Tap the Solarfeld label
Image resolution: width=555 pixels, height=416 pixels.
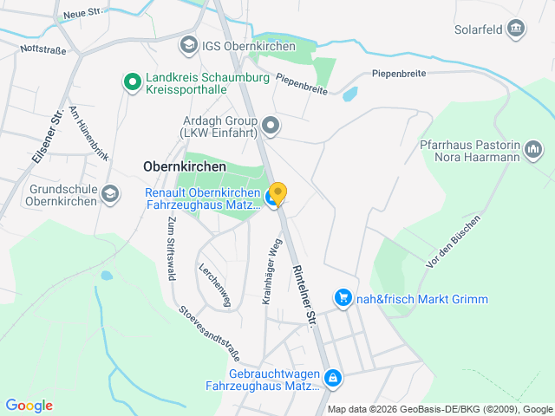pyautogui.click(x=478, y=29)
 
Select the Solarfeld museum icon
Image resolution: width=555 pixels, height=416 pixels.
pyautogui.click(x=517, y=29)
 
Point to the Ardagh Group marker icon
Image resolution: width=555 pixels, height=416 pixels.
pyautogui.click(x=271, y=127)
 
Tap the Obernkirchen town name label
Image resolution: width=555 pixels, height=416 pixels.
pyautogui.click(x=184, y=166)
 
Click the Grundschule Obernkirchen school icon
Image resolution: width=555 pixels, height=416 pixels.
pyautogui.click(x=110, y=194)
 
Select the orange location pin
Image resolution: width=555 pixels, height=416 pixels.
pyautogui.click(x=277, y=192)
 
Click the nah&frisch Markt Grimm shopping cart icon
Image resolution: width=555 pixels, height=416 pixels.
pyautogui.click(x=343, y=299)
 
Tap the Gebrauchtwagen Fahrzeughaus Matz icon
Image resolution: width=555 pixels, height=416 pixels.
pyautogui.click(x=332, y=378)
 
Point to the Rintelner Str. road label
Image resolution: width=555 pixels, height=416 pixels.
pyautogui.click(x=304, y=296)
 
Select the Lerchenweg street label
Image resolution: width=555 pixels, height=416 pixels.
pyautogui.click(x=215, y=284)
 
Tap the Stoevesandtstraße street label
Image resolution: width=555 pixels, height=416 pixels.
pyautogui.click(x=209, y=333)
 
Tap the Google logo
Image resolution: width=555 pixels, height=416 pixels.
pyautogui.click(x=29, y=406)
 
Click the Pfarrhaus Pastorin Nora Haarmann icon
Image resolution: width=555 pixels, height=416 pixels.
pyautogui.click(x=533, y=151)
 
